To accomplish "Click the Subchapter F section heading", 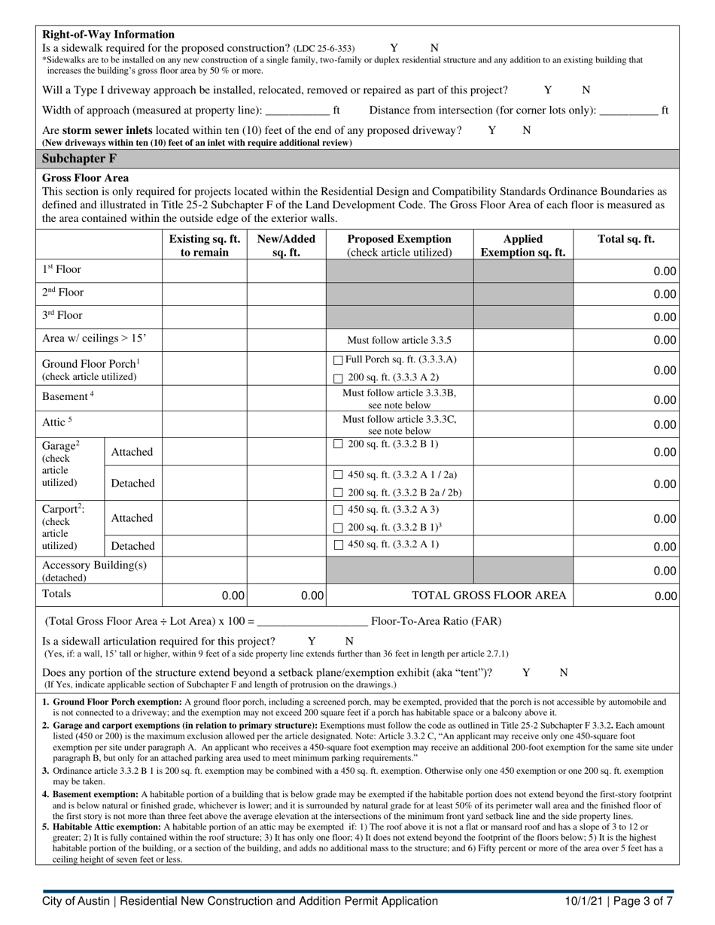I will pos(79,159).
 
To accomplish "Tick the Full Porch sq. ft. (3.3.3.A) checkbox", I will pos(338,360).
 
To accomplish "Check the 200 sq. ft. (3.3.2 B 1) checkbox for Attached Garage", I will pos(338,444).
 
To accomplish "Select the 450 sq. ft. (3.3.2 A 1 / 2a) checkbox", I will pos(338,475).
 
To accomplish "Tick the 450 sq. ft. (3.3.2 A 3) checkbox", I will pos(338,510).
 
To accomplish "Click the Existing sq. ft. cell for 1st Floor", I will pos(204,270).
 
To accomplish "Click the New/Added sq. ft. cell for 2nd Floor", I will pos(286,293).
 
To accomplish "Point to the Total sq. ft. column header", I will pos(625,240).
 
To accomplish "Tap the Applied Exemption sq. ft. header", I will pos(523,246).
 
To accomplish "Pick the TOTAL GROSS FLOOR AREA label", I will pos(488,596).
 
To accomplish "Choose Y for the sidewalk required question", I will pos(394,47).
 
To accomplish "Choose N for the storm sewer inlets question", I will pos(527,130).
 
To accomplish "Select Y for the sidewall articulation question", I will pos(312,641).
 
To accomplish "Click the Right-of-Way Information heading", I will pos(108,35).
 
